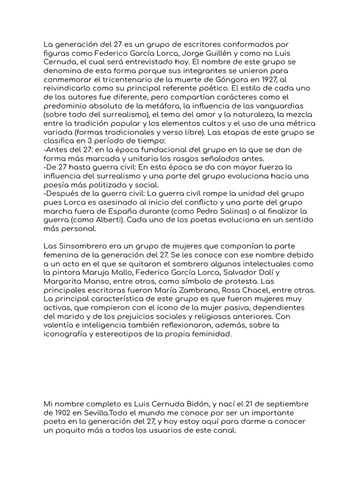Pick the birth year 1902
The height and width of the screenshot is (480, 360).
pos(62,412)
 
